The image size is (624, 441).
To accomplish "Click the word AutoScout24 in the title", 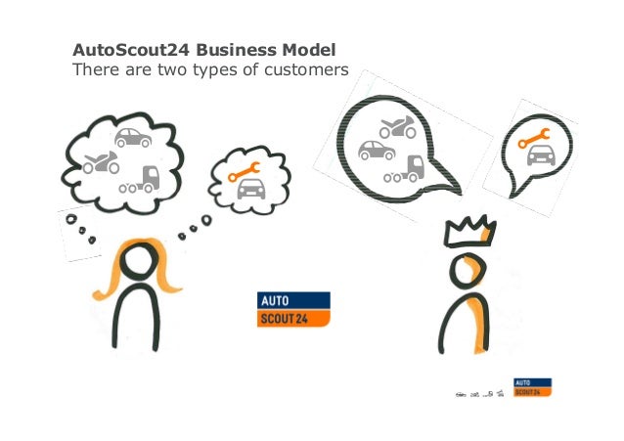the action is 113,49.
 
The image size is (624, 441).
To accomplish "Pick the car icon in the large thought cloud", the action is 132,138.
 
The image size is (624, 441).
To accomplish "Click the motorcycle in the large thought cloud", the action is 101,162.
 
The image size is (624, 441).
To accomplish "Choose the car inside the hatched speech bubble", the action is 377,151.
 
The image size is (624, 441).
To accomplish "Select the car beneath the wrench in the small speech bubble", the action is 535,156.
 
